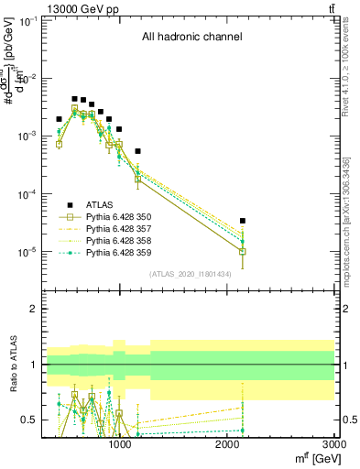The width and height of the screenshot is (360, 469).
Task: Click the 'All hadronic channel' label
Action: tap(191, 38)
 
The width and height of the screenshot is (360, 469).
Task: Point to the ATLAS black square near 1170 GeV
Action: tap(138, 151)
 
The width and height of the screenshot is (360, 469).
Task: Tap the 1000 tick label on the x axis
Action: tap(119, 445)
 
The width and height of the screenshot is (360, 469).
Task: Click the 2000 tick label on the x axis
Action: tap(227, 445)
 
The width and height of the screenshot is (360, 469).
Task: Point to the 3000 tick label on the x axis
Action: tap(334, 445)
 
